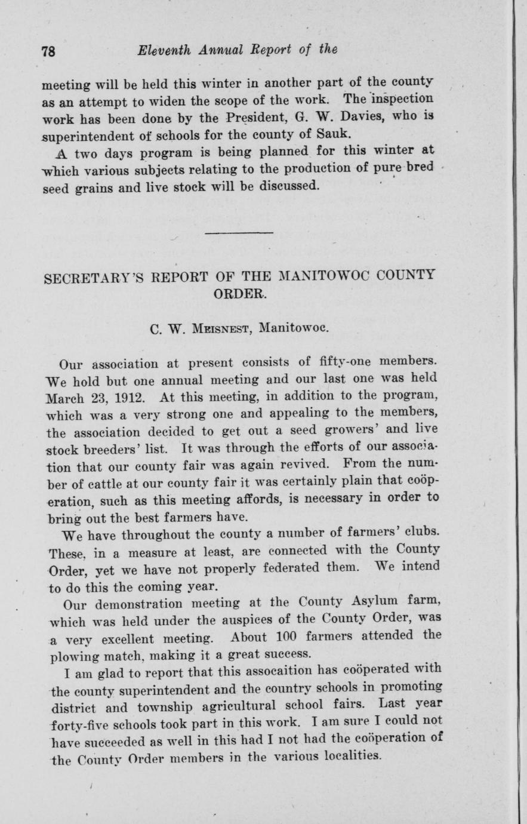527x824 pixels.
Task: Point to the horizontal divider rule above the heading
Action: tap(239, 232)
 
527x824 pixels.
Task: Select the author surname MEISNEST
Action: tap(207, 328)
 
